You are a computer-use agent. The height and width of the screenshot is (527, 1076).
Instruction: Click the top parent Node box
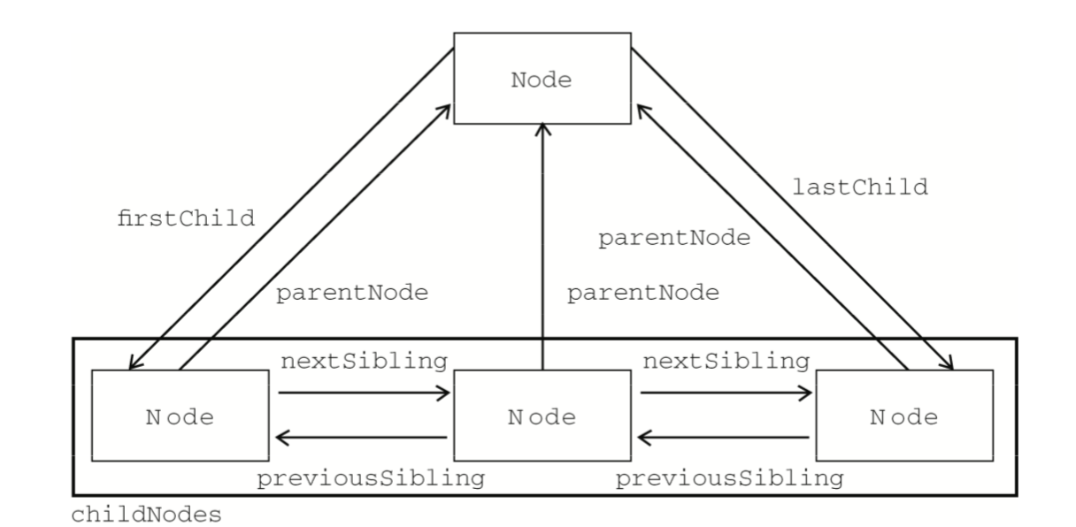tap(542, 78)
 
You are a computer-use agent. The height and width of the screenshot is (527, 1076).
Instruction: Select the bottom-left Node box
tap(181, 416)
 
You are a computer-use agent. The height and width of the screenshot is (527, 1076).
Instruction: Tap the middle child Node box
tap(542, 416)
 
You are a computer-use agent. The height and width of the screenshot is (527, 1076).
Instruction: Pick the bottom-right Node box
tap(904, 416)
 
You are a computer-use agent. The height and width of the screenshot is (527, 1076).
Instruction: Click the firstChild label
tap(186, 218)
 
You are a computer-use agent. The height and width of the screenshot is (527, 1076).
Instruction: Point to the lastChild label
tap(860, 187)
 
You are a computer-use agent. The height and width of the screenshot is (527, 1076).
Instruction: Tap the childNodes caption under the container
tap(146, 515)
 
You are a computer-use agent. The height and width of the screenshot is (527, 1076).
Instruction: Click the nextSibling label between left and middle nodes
tap(364, 361)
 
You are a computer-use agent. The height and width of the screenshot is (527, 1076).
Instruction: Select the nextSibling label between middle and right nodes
tap(726, 361)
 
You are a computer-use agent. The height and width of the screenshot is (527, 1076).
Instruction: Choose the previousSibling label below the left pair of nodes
tap(371, 478)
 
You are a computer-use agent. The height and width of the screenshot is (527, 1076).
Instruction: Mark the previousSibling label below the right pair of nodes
tap(730, 478)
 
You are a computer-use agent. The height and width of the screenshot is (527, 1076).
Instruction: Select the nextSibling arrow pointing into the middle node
tap(364, 393)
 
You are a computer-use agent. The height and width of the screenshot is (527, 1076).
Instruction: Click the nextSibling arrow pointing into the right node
tap(726, 393)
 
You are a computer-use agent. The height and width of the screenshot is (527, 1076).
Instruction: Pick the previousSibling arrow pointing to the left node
tap(361, 437)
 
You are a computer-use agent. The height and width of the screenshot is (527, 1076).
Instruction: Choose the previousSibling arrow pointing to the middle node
tap(723, 437)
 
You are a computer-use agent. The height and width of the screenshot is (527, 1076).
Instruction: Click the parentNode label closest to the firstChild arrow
tap(352, 293)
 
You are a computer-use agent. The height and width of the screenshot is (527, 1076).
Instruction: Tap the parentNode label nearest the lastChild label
tap(674, 238)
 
